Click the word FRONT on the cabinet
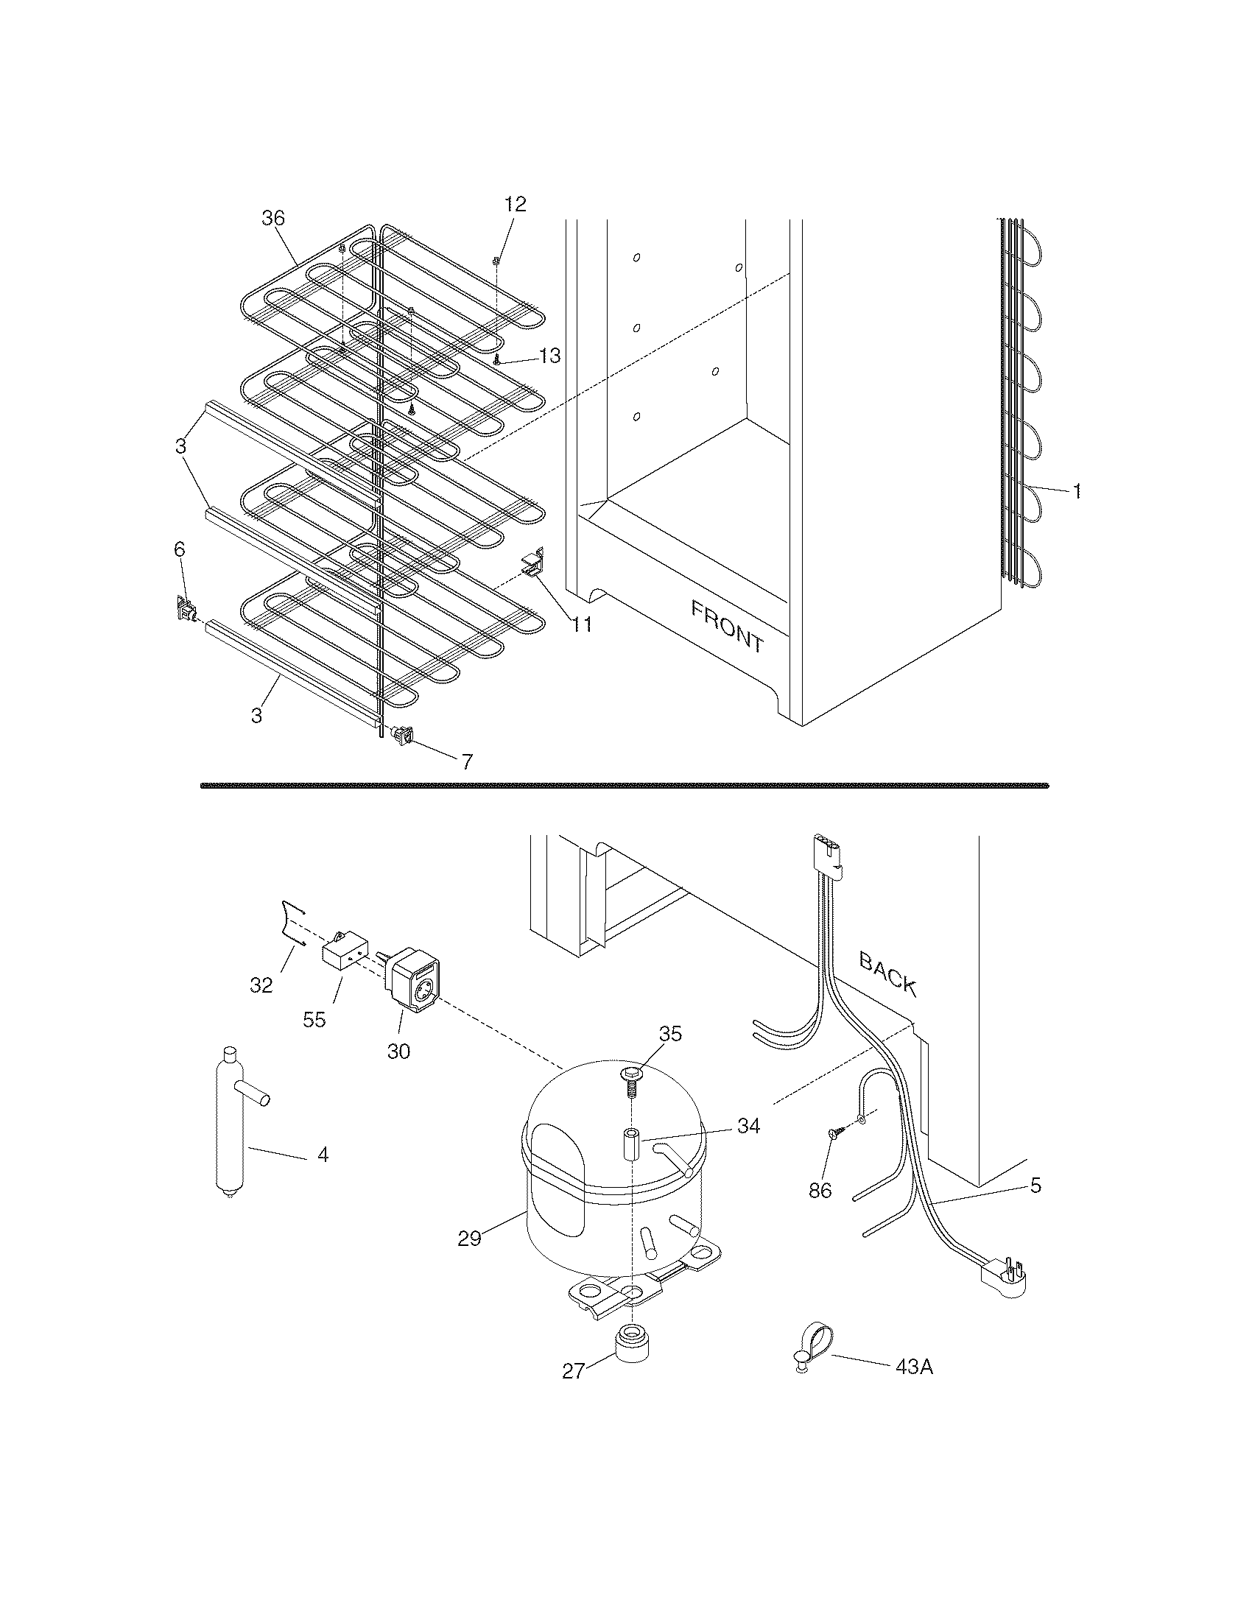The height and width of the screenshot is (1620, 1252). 726,627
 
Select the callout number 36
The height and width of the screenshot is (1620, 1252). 273,218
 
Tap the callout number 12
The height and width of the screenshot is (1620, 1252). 515,205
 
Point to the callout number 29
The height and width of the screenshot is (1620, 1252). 468,1238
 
